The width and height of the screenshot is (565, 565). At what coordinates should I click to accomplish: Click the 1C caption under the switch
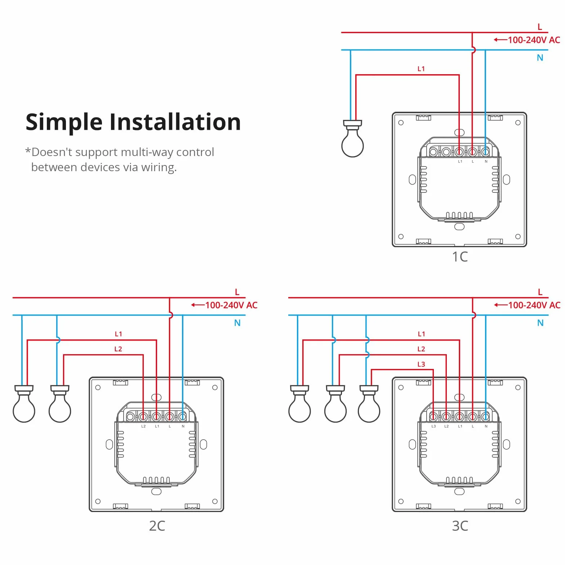460,257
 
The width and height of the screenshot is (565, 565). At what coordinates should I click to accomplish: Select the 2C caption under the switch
157,526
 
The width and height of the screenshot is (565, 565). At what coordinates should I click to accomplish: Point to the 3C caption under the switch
460,526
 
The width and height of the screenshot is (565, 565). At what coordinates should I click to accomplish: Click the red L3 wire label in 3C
421,364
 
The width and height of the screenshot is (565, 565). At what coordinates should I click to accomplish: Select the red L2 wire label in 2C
118,349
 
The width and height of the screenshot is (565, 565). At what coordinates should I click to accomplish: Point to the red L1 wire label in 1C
421,69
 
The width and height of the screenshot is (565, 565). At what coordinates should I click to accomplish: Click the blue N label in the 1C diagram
540,58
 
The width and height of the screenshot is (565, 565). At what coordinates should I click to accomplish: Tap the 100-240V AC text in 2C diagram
231,305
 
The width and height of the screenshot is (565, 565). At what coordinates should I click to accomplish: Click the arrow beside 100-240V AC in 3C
501,305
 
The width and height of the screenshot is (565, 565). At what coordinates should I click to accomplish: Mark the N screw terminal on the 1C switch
486,152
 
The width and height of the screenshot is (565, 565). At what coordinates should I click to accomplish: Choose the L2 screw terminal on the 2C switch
143,417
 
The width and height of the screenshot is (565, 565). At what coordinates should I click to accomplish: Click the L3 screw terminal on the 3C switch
433,417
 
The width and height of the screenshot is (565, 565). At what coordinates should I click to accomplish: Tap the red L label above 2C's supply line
237,292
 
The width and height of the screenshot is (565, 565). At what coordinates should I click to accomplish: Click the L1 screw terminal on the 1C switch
459,152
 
